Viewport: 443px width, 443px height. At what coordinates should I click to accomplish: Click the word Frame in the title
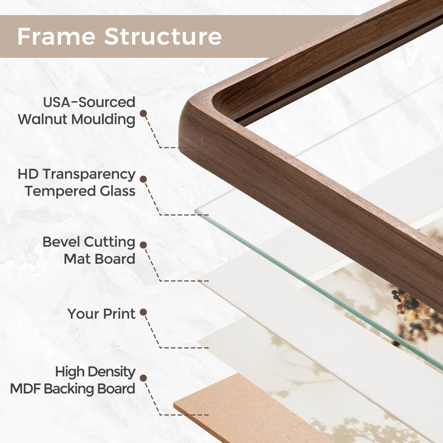[56, 37]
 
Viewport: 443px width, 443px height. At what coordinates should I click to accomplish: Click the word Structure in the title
[163, 37]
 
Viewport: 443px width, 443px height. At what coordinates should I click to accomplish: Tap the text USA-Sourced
[89, 102]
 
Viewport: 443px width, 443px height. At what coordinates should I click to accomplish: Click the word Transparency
[89, 174]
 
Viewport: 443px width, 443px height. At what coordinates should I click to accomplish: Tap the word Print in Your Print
[119, 314]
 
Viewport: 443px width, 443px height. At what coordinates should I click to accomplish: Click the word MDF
[25, 389]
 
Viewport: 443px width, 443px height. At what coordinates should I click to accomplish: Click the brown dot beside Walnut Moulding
[143, 113]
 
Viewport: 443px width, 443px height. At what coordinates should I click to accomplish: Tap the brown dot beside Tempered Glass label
[143, 179]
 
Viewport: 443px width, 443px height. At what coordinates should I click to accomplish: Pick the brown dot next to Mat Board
[143, 245]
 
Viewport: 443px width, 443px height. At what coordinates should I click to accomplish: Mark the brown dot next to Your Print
[143, 312]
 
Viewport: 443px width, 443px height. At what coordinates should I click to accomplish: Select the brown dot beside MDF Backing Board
[143, 378]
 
